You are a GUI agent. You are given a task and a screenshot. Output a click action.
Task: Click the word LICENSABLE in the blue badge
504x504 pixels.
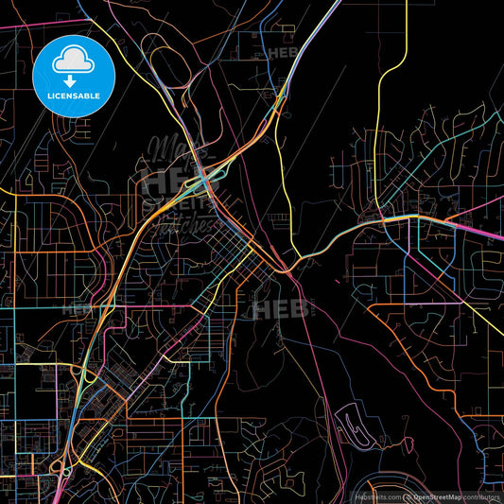[x=73, y=96]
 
